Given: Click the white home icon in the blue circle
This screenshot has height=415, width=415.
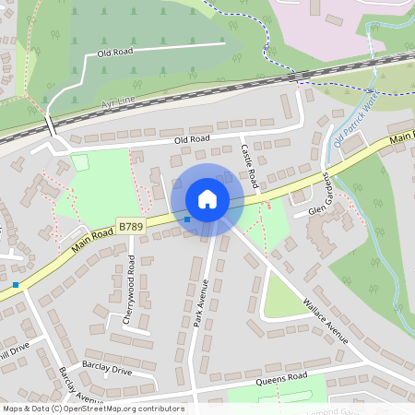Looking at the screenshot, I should click(x=207, y=198).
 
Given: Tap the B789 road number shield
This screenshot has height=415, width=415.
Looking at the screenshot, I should click(x=129, y=224).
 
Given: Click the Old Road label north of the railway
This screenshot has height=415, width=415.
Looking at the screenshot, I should click(x=116, y=53).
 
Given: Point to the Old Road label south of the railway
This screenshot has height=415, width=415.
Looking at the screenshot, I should click(x=192, y=138).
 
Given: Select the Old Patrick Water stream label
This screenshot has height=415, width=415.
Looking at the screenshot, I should click(x=356, y=125).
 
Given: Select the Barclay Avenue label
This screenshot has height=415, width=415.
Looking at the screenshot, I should click(x=80, y=385).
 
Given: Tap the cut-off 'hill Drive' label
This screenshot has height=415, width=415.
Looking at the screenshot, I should click(x=15, y=350).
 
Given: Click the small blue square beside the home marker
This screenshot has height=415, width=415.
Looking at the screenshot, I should click(x=187, y=219).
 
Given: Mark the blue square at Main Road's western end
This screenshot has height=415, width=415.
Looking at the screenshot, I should click(x=16, y=285).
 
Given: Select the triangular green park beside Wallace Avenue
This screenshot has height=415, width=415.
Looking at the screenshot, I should click(x=282, y=295).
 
